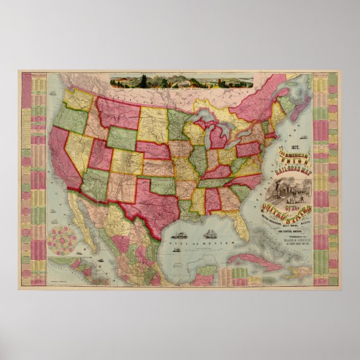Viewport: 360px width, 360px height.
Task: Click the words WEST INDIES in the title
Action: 284,219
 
